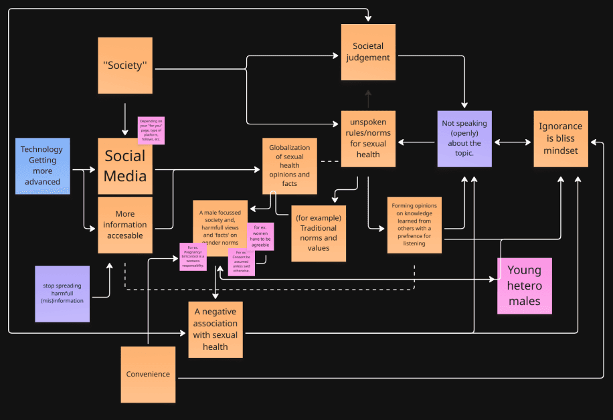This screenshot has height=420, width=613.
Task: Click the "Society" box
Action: click(125, 66)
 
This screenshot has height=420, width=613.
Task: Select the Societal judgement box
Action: click(368, 52)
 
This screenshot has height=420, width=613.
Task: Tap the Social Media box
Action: click(125, 166)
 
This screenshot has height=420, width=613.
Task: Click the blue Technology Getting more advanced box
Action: click(43, 166)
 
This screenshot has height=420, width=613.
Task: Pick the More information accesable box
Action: click(125, 225)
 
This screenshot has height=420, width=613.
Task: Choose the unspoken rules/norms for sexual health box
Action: click(368, 138)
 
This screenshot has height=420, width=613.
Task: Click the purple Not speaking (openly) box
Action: click(464, 138)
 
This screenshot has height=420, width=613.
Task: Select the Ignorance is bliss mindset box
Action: click(560, 138)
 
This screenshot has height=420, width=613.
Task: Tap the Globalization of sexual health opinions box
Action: click(289, 166)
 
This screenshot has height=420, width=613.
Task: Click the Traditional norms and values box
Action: click(319, 233)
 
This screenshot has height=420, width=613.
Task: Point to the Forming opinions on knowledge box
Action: click(414, 225)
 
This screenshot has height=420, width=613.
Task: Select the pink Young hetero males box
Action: click(525, 286)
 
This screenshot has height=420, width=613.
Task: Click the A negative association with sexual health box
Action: click(215, 328)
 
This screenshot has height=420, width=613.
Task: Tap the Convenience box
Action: click(148, 374)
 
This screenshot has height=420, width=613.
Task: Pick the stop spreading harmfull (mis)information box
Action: click(62, 294)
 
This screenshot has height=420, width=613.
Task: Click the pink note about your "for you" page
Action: click(151, 130)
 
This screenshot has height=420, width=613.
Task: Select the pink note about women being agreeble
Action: click(260, 236)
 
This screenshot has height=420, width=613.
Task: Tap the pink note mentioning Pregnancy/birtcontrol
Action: click(193, 256)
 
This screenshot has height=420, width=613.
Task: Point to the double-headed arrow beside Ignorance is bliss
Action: click(513, 142)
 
